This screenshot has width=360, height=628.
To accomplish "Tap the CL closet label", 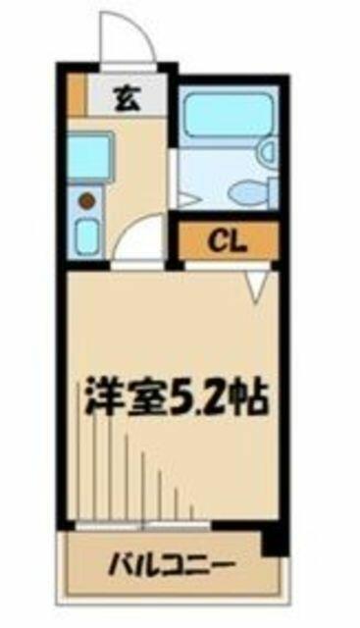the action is [227, 240].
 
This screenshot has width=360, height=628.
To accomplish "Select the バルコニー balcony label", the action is [172, 565].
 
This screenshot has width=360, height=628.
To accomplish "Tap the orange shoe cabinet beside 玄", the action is [77, 94].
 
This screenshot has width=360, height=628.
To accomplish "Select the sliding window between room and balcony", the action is [142, 525].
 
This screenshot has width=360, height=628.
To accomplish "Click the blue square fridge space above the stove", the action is [89, 156].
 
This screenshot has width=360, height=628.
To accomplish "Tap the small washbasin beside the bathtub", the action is [269, 151].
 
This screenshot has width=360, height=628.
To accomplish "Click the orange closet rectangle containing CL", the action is [228, 240].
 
